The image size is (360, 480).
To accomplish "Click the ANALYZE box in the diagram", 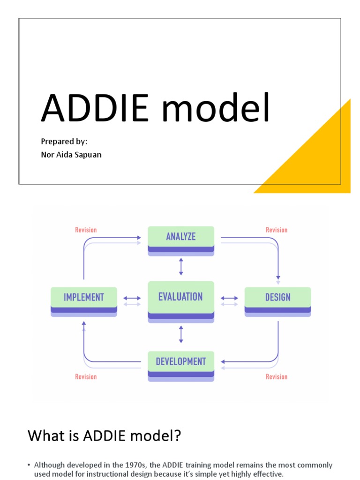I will coord(181,237).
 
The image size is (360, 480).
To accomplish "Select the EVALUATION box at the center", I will coord(181,297).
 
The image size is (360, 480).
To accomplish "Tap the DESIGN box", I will coord(277,297).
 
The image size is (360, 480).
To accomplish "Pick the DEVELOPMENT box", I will coord(181,362).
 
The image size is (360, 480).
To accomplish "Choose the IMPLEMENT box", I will coord(84,297).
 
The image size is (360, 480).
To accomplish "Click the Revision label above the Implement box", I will coord(86,230).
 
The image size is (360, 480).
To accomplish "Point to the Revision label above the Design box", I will coord(277,230).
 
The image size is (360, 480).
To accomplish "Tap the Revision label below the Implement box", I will coord(86,376).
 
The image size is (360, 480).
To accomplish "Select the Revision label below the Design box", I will coord(277,376).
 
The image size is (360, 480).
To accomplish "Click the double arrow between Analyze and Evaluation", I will coord(181,267).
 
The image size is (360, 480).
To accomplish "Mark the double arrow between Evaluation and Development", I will coord(181,334).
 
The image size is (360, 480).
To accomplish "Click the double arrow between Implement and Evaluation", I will coord(132,298).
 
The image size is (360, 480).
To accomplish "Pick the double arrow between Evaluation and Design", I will coord(229,298).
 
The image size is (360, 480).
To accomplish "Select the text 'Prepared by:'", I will coord(64,141).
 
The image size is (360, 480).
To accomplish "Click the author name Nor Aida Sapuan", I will coord(71,154).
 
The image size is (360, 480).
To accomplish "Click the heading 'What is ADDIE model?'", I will coord(104,436).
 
